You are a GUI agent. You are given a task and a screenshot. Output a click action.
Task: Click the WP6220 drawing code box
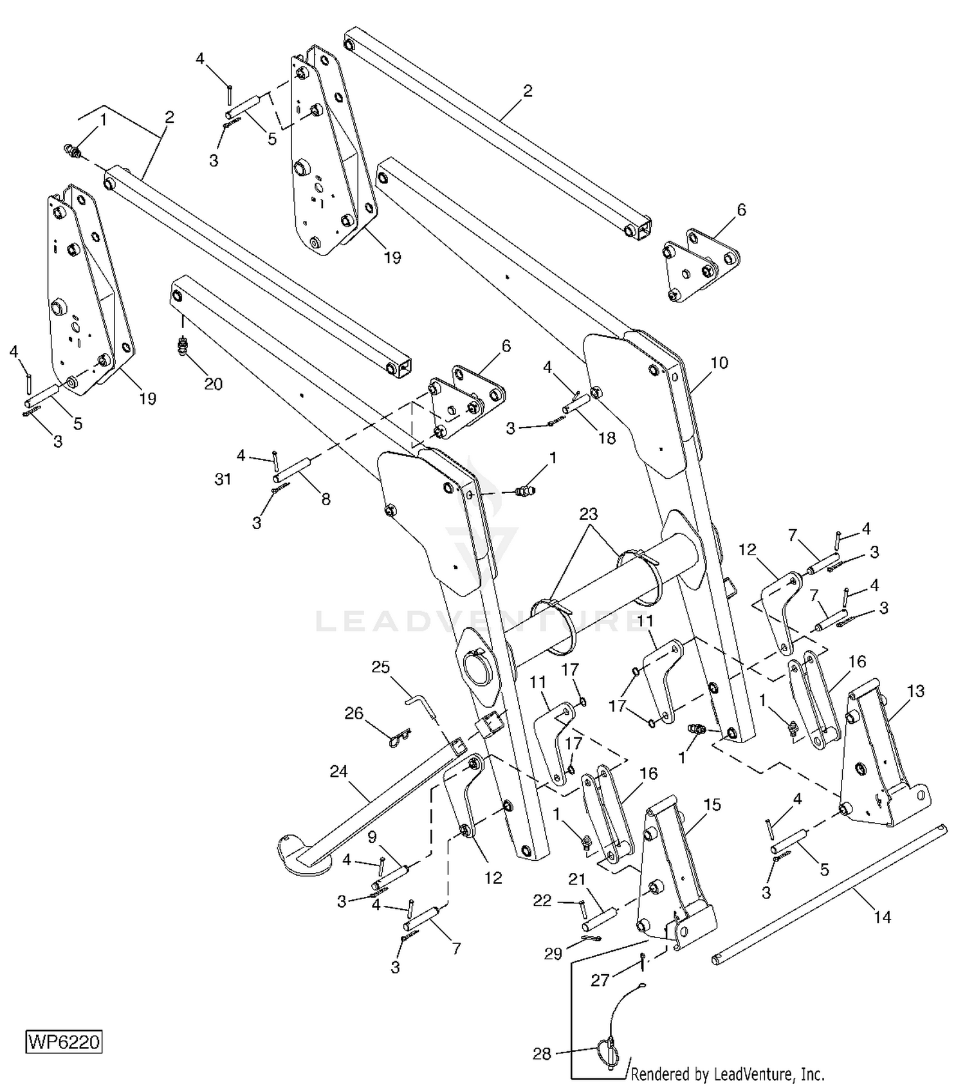coord(64,1042)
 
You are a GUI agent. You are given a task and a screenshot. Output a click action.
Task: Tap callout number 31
coord(223,480)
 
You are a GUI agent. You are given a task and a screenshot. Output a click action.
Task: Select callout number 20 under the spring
coord(213,384)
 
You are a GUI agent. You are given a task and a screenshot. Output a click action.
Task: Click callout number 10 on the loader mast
coord(719,363)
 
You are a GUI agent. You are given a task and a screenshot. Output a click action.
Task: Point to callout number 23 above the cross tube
coord(588,514)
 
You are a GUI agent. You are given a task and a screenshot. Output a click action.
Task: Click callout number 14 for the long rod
coord(882,917)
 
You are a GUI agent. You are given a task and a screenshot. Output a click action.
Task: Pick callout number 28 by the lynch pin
coord(542,1054)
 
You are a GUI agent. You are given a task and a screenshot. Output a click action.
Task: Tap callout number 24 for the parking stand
coord(339,771)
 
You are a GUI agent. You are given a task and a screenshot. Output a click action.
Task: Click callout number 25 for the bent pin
coord(381,667)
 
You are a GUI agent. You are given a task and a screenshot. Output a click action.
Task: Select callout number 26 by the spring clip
coord(354,714)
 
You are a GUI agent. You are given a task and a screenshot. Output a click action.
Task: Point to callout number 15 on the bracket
coord(712,805)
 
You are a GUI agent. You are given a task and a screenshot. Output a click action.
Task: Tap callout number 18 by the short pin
coord(607,438)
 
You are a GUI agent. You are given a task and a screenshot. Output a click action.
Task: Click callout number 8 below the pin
coord(326,499)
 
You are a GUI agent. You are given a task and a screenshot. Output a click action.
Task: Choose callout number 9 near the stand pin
coord(372,837)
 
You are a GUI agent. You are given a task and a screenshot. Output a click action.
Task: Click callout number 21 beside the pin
coord(577,880)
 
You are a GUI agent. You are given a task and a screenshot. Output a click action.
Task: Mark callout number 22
coord(542,901)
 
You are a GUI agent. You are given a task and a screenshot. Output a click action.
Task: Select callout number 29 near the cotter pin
coord(553,954)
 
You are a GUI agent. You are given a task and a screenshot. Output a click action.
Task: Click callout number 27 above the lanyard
coord(600,981)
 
